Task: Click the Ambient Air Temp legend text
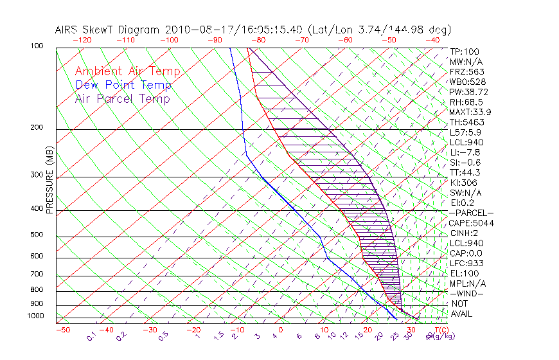pos(127,71)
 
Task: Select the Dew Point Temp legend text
pos(123,85)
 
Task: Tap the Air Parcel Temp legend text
pos(122,98)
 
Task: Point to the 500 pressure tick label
pos(36,235)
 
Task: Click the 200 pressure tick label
pos(36,128)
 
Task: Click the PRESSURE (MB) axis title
pos(49,179)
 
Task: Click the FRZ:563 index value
pos(467,71)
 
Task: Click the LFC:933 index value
pos(467,264)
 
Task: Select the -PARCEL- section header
pos(471,213)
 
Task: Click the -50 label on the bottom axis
pos(62,330)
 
